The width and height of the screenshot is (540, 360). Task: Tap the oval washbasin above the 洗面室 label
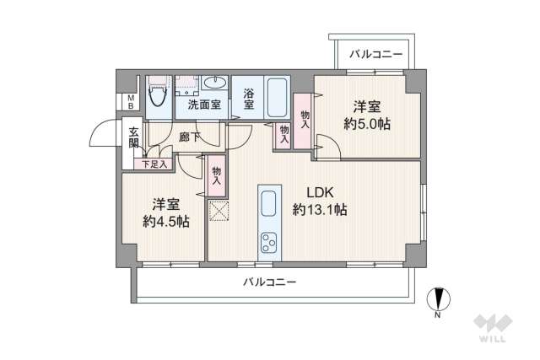coord(215,83)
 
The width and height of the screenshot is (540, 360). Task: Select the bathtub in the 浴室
coord(278,98)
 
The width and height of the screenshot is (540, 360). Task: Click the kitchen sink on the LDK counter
coord(269,203)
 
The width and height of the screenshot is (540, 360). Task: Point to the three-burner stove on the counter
coord(269,243)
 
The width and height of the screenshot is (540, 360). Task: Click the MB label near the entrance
coord(131,102)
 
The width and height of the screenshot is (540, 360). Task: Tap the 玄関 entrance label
coord(134,137)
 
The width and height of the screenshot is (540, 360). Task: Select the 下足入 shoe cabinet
coord(154,164)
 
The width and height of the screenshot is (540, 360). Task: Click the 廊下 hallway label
coord(189,137)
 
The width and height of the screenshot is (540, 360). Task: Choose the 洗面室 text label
coord(204,105)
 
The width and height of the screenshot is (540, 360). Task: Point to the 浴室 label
coord(249,99)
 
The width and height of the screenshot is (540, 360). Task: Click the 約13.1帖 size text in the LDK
coord(320,209)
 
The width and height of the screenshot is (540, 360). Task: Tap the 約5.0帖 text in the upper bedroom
coord(367,124)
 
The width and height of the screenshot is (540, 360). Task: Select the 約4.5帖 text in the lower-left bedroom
coord(166,221)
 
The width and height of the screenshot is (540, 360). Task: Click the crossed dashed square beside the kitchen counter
coord(219,211)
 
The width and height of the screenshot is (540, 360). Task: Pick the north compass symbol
coord(439,298)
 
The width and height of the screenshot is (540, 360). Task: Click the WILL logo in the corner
coord(493,328)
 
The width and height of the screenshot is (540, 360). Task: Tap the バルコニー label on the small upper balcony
coord(376,54)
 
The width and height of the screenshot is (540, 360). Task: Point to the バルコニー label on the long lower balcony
coord(270,282)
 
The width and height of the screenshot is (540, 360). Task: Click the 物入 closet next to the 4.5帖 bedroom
coord(217,176)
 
